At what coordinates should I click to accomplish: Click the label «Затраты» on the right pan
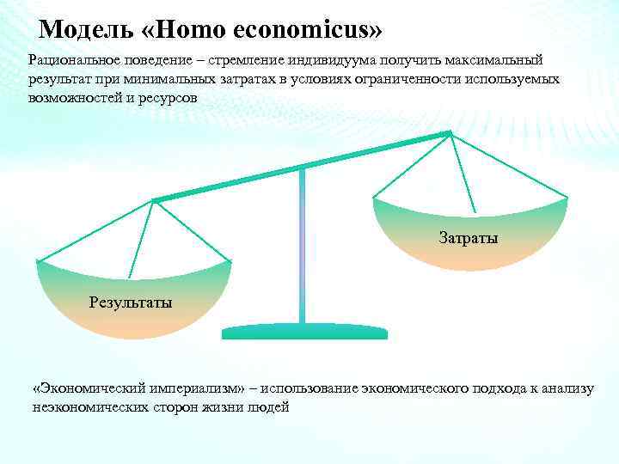click(469, 236)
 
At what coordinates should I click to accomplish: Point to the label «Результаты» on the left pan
click(131, 302)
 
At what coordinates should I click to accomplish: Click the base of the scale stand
click(304, 332)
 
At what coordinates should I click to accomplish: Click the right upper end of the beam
click(448, 133)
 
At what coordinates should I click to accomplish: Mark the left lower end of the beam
click(155, 200)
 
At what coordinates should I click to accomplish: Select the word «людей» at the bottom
click(269, 407)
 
